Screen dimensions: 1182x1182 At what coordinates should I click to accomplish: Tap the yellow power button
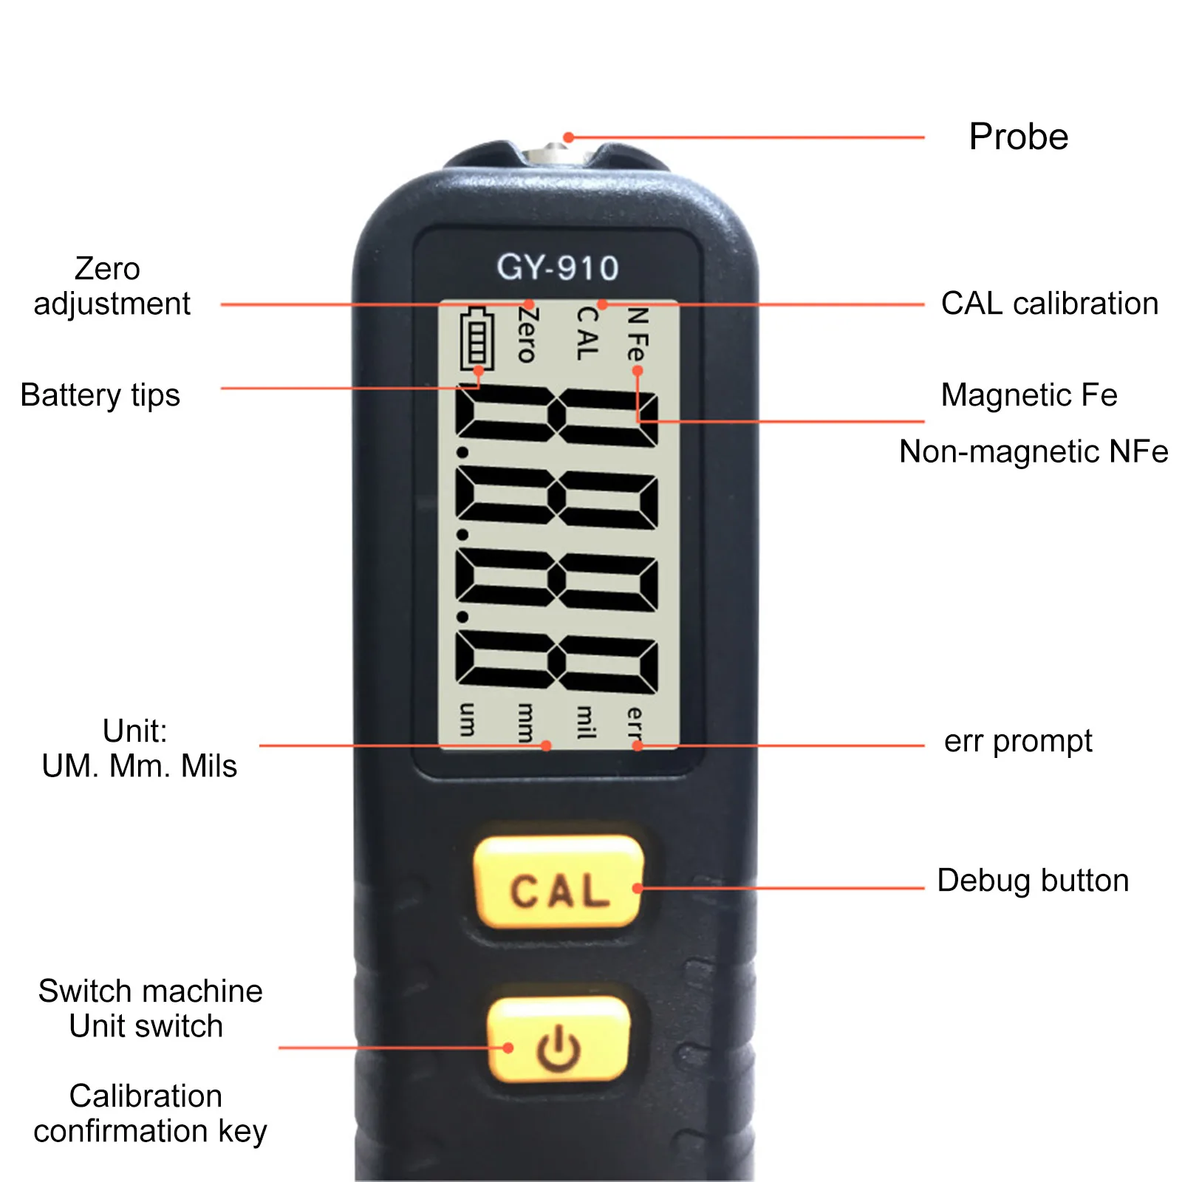point(558,1040)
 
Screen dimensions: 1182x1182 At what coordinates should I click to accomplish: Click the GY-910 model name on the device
point(558,267)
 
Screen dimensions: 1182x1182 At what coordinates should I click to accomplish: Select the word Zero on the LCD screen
point(527,335)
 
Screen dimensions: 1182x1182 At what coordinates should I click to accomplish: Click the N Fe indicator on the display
point(637,335)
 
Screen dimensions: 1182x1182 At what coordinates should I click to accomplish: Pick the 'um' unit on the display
point(468,720)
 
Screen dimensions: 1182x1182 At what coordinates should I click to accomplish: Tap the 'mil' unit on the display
point(585,722)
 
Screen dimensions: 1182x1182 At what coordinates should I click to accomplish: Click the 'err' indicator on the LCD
point(635,724)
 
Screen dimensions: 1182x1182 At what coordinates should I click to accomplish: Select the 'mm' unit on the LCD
point(525,722)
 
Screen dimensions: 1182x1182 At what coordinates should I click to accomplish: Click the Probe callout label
point(1018,137)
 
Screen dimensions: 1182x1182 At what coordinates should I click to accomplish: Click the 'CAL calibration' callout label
point(1049,304)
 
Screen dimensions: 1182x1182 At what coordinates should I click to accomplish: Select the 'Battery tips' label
point(100,395)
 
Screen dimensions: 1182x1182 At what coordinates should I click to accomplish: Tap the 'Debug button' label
point(1033,881)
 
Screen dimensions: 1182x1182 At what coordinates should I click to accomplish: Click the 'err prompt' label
point(1017,741)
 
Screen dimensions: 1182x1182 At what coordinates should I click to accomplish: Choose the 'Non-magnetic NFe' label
point(1033,451)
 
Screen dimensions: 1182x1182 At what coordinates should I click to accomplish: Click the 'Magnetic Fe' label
point(1028,395)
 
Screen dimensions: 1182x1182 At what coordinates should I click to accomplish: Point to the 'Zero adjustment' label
point(111,286)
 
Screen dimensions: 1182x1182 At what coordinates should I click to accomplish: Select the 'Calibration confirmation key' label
point(149,1113)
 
